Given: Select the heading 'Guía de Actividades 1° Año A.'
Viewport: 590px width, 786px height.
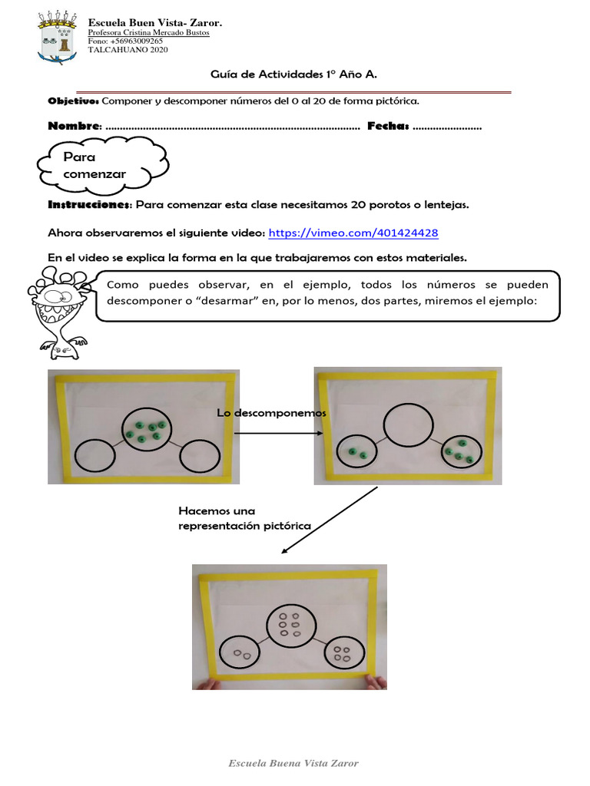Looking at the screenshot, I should click(x=294, y=74).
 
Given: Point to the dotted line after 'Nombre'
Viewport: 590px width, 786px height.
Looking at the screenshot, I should click(x=231, y=127).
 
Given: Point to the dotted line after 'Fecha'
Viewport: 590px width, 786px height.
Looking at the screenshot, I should click(x=447, y=127).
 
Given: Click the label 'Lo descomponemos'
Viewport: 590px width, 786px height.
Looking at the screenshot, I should click(x=271, y=413).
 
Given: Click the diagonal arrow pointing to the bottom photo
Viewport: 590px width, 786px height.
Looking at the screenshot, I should click(x=330, y=520).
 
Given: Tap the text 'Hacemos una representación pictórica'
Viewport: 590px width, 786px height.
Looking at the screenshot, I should click(x=244, y=518).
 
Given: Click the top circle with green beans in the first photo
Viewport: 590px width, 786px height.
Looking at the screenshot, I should click(x=146, y=432).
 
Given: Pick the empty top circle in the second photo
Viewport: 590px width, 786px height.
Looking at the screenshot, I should click(x=407, y=424).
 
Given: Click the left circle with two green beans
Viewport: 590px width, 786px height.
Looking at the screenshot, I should click(x=356, y=454).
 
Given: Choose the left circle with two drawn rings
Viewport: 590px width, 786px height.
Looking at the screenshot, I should click(x=242, y=654).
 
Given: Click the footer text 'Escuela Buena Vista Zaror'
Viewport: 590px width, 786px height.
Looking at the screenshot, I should click(x=294, y=763).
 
